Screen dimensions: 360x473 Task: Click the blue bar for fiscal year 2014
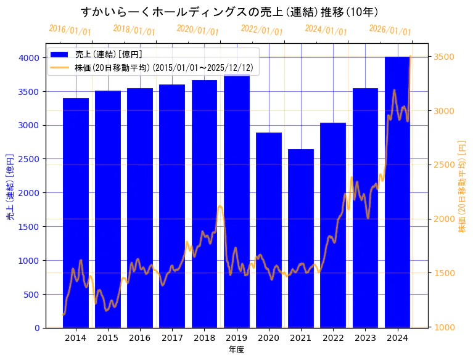click(x=75, y=213)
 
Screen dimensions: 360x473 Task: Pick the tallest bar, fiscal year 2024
click(x=397, y=192)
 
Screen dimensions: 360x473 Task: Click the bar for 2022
click(x=333, y=225)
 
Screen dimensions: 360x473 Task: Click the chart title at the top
click(x=229, y=12)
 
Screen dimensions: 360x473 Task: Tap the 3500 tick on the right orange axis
click(x=445, y=57)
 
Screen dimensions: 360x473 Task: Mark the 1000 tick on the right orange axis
click(x=445, y=327)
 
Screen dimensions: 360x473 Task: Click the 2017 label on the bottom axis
click(x=172, y=338)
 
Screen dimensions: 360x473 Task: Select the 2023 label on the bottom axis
click(x=365, y=338)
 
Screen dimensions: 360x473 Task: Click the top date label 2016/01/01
click(x=70, y=30)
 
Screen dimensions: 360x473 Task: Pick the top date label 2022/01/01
click(x=261, y=30)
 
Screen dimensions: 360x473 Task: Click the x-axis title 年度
click(x=236, y=350)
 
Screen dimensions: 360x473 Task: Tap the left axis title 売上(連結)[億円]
click(x=10, y=187)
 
